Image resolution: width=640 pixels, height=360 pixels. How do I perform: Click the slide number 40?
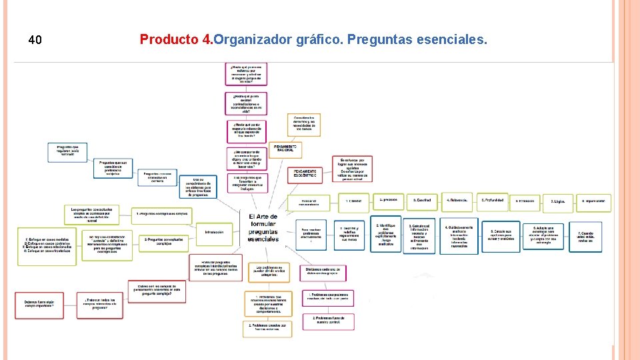coord(35,41)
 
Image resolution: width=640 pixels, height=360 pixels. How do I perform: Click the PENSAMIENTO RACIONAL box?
coord(285,149)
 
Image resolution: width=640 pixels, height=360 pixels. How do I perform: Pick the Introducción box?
coord(214,232)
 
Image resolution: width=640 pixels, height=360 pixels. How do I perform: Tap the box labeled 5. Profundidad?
coord(493,200)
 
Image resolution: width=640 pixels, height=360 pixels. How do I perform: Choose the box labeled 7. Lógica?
coord(557,201)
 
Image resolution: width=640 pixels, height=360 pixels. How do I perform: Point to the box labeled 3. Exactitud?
coord(423,200)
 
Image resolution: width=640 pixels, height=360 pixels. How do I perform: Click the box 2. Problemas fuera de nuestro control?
coord(327,321)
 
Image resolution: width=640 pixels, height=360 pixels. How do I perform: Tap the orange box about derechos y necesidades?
coord(304,124)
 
